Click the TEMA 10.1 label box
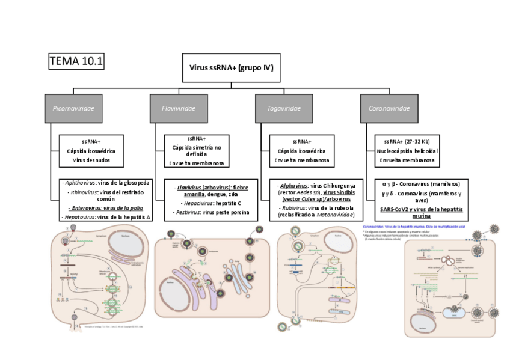(76, 61)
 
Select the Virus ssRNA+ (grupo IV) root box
(232, 68)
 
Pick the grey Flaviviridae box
(179, 109)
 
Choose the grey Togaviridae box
(284, 109)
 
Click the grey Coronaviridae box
(389, 109)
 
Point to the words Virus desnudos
(91, 160)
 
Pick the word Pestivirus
(188, 212)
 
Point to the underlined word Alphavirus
(294, 186)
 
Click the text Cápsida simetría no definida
(197, 150)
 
